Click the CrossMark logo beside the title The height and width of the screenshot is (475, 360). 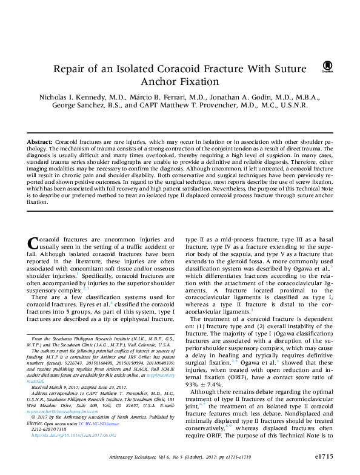[328, 67]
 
